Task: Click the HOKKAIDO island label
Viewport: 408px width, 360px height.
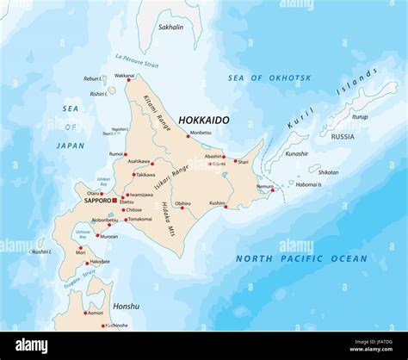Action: point(203,121)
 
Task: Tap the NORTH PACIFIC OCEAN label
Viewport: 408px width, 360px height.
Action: point(301,258)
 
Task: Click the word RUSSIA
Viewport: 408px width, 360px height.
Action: point(343,136)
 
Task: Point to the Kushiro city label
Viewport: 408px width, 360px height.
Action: point(216,203)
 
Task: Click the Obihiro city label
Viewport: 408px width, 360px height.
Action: point(183,203)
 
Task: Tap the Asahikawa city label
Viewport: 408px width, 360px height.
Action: point(139,161)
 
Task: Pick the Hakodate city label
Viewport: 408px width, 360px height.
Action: point(100,261)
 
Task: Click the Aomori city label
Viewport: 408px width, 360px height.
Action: point(95,313)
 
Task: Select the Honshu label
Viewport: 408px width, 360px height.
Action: point(126,306)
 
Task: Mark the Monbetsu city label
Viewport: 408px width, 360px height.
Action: point(200,133)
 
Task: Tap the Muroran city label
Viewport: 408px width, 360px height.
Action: point(108,236)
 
